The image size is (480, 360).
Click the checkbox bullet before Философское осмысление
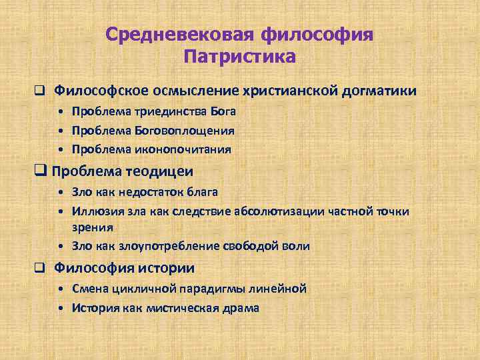pyautogui.click(x=39, y=90)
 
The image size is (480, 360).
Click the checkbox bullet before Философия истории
pyautogui.click(x=39, y=268)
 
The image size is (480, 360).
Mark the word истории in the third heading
pyautogui.click(x=167, y=268)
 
